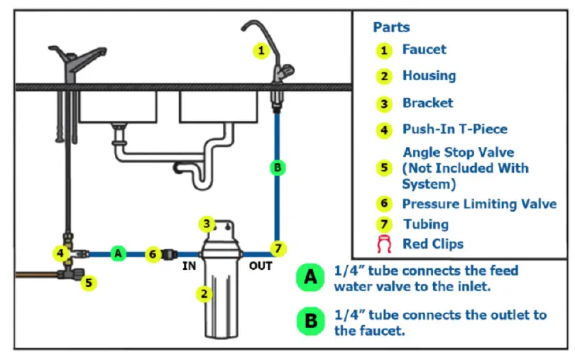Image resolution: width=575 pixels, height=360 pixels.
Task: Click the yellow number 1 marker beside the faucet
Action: [261, 50]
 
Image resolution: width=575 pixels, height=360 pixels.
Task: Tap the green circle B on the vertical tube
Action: [278, 168]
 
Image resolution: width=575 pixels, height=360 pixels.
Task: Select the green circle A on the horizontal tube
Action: [119, 253]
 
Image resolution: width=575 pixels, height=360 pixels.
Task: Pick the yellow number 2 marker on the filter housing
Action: [204, 293]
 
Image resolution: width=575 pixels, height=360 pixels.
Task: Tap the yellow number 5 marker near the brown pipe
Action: [88, 282]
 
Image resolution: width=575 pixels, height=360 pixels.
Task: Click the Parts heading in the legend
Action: [391, 27]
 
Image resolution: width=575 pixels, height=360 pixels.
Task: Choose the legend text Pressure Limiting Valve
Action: [479, 204]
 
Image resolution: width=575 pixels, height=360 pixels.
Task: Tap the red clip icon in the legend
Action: [384, 244]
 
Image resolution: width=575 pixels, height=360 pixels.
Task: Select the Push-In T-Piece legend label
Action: [455, 129]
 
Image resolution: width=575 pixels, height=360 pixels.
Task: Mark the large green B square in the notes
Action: [310, 321]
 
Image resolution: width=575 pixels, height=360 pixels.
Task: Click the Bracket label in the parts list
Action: [427, 103]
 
